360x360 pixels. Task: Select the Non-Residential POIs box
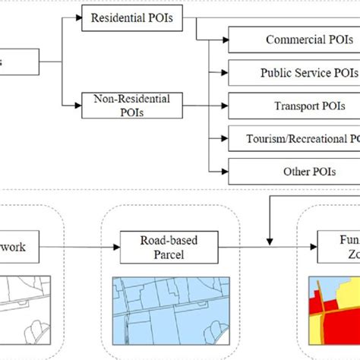(x=131, y=103)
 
